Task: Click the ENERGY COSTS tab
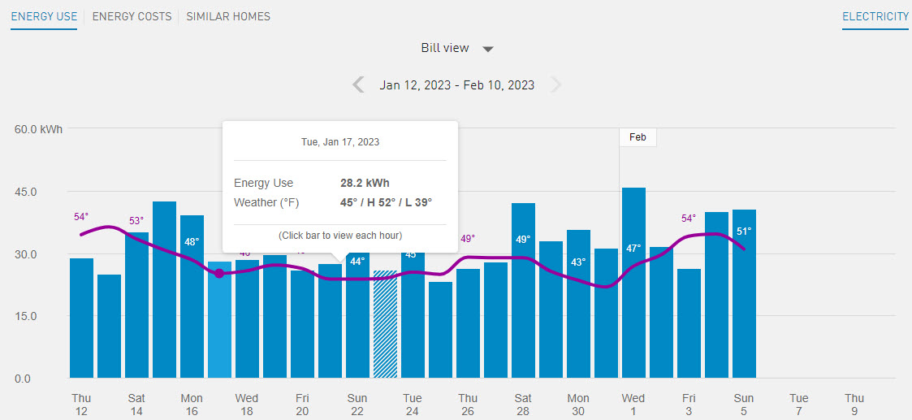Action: point(132,16)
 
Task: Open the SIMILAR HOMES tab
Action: point(228,16)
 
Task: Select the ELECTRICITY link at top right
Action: point(875,16)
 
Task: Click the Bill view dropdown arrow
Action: point(488,49)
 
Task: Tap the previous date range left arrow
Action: point(358,84)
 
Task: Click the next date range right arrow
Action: point(555,84)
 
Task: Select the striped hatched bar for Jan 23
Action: point(385,325)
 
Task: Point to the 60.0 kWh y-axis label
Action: point(38,129)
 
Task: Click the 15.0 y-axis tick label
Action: point(23,316)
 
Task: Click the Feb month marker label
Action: point(638,137)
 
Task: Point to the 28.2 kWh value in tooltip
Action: point(365,183)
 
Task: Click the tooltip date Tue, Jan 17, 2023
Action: point(340,141)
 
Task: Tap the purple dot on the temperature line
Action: point(219,273)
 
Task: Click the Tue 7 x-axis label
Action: point(799,405)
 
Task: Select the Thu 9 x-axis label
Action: point(854,405)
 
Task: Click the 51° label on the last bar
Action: point(744,231)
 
